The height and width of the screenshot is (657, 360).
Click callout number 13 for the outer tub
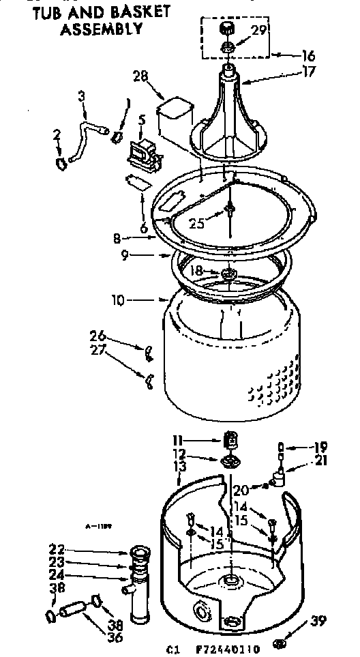[x=180, y=465]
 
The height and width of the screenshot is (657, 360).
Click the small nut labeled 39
[x=280, y=642]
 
